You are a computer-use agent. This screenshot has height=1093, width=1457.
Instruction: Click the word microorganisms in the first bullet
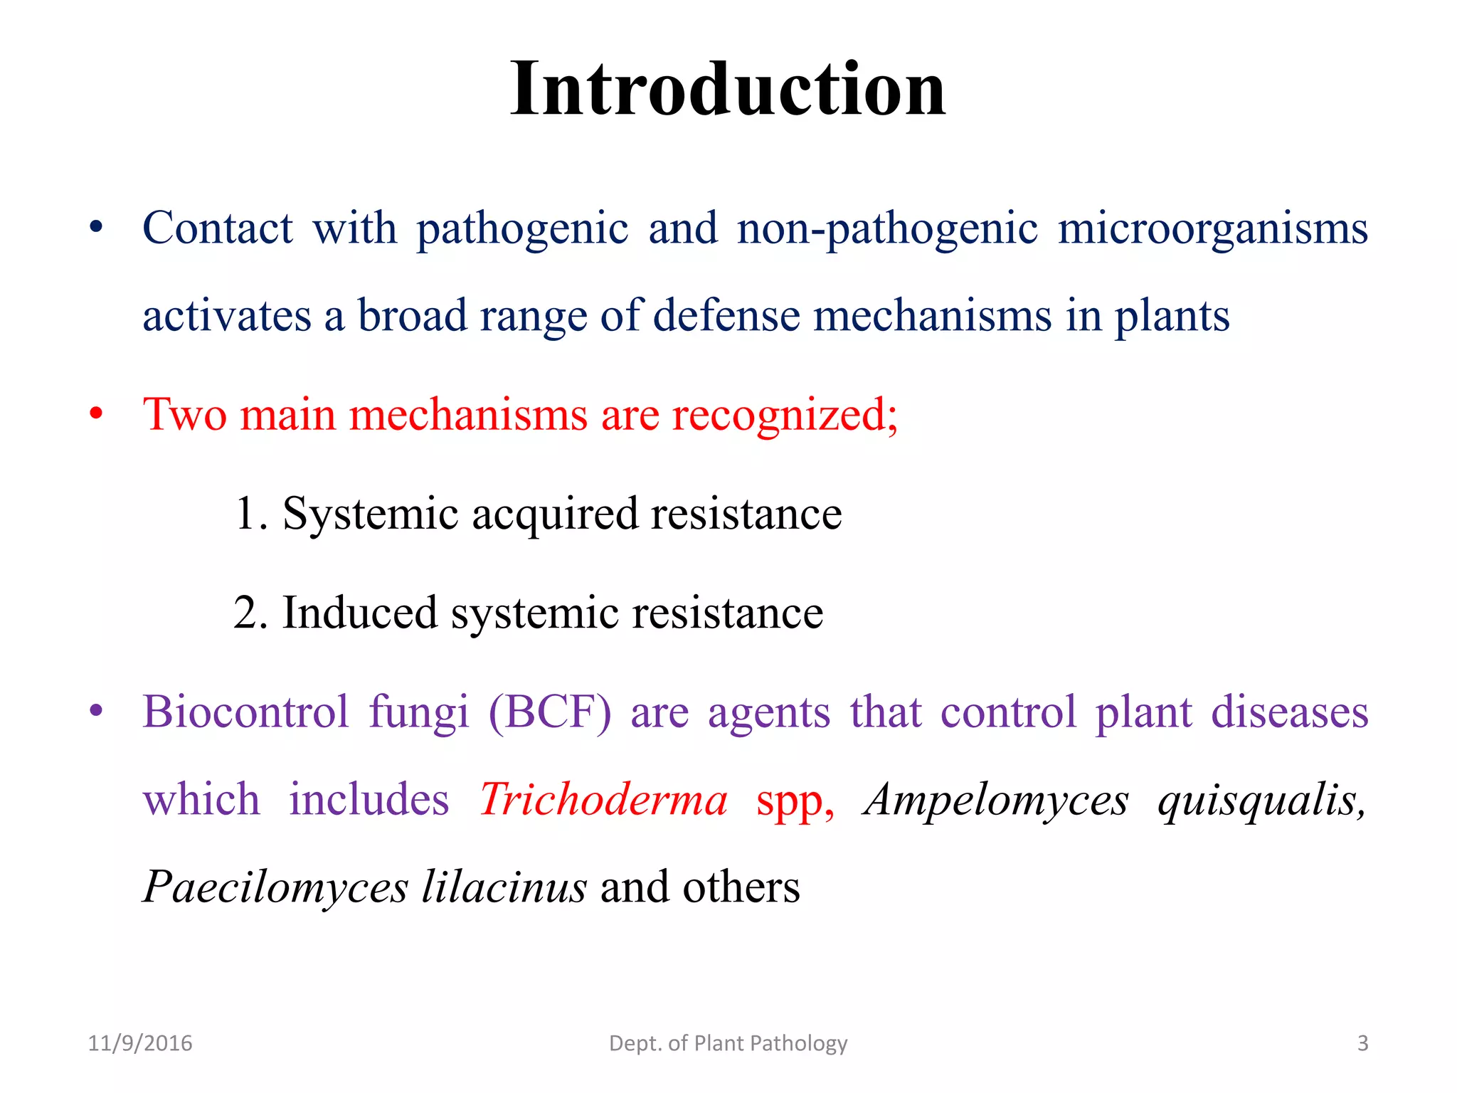1212,229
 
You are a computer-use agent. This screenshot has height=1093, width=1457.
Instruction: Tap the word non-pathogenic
887,229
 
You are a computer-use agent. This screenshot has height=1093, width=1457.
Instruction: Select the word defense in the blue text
726,316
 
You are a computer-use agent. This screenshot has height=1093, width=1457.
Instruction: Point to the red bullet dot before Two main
96,414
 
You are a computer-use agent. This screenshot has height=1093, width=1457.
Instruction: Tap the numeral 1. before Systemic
250,514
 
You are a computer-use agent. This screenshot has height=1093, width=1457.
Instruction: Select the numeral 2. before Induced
250,613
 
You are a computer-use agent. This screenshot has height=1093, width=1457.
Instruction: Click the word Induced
359,613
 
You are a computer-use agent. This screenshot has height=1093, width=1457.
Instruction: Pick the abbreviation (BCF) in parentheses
549,712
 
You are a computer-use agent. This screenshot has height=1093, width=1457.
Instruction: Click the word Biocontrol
245,712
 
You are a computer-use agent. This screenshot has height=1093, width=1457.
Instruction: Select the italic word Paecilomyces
275,887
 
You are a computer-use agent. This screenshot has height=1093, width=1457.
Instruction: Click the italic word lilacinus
504,887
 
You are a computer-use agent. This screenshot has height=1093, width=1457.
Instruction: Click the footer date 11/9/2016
140,1043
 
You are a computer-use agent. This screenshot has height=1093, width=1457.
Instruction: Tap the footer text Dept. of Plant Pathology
728,1043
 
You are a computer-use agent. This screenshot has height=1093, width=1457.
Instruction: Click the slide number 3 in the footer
1362,1043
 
